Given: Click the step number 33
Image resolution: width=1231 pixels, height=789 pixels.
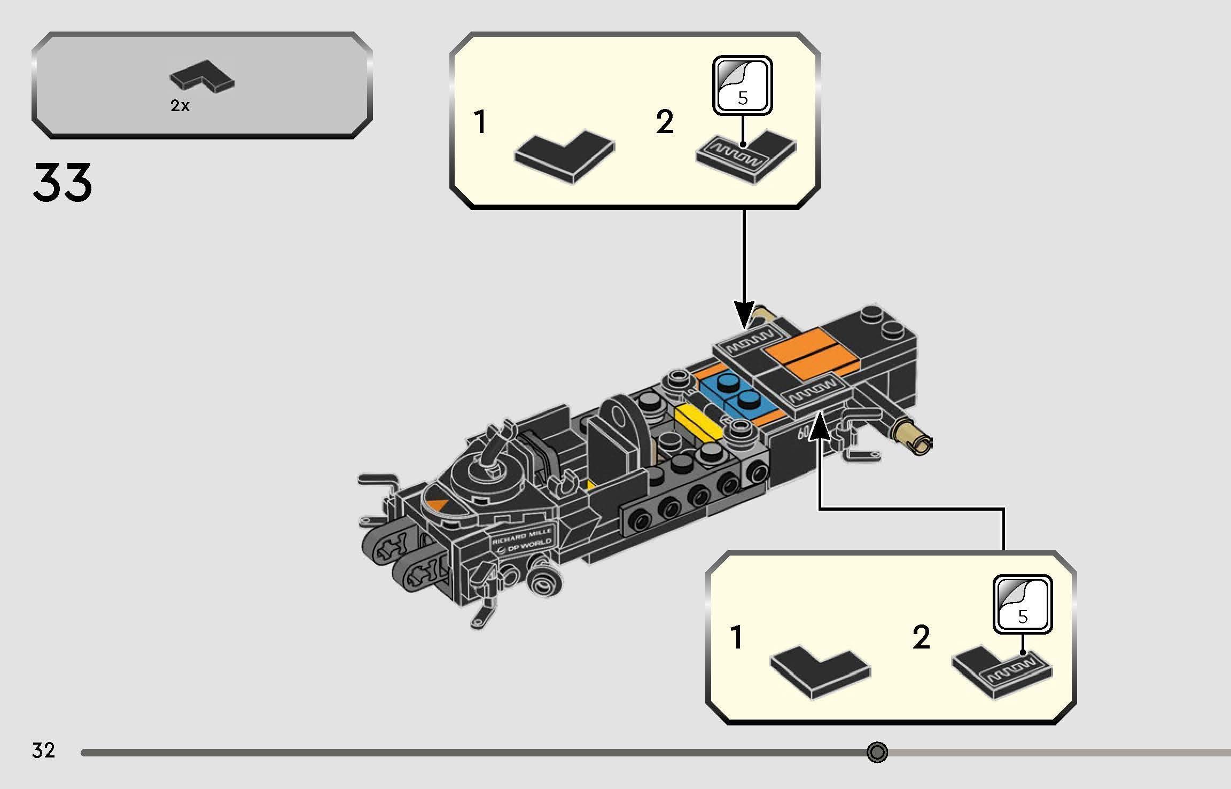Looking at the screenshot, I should (x=63, y=183).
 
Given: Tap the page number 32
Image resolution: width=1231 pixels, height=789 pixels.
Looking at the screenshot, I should (x=43, y=751).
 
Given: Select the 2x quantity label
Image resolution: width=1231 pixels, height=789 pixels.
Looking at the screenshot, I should (x=180, y=106).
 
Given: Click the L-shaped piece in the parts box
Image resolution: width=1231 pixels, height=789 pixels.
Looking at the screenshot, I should (x=202, y=78).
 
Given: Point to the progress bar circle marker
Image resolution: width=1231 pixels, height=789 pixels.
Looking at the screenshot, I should (x=877, y=752).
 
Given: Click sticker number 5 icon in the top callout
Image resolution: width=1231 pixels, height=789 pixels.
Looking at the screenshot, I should (x=743, y=85).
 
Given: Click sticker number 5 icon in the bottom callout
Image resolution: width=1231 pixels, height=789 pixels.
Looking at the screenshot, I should (x=1023, y=604).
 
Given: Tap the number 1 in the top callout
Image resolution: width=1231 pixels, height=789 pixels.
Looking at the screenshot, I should (x=481, y=122).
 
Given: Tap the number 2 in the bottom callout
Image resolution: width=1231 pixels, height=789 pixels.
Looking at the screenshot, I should (x=921, y=637).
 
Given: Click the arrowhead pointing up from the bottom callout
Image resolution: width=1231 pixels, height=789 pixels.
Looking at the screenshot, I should (x=819, y=427).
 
